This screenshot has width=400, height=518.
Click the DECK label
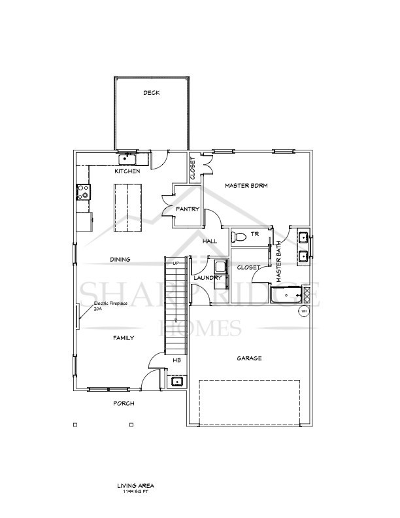(x=152, y=93)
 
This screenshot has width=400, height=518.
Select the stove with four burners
(x=83, y=192)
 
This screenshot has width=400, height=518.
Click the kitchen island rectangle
(x=127, y=207)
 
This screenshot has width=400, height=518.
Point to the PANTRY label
(x=187, y=209)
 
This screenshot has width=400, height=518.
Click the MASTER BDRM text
(x=246, y=186)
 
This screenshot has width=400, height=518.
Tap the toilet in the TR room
(x=239, y=236)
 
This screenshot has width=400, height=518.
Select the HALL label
(x=210, y=241)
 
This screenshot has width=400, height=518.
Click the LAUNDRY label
(x=208, y=278)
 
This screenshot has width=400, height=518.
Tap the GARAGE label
(x=249, y=358)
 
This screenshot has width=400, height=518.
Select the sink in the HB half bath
(x=176, y=381)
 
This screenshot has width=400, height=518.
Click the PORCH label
(x=124, y=404)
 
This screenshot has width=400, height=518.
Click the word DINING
(x=120, y=260)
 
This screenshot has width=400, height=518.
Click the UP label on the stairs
(x=175, y=263)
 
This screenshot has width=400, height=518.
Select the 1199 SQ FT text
(x=135, y=491)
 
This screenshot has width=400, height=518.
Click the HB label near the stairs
(x=176, y=360)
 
